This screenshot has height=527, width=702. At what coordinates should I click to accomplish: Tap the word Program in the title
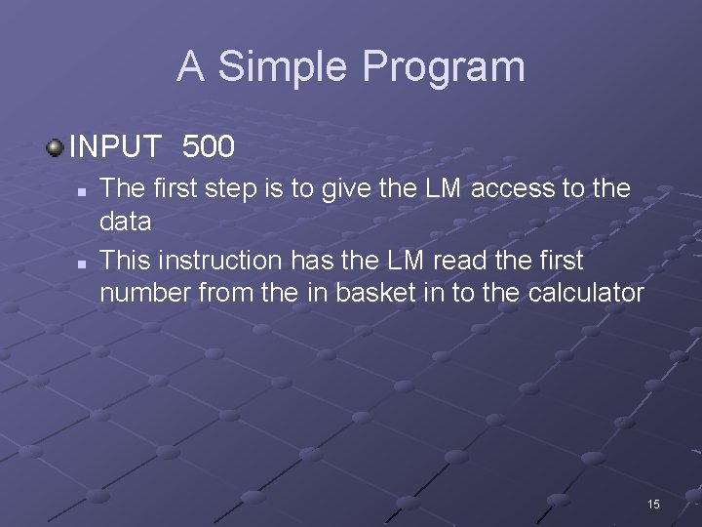444,67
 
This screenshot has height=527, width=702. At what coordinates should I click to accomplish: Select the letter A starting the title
190,67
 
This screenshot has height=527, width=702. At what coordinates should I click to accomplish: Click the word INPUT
116,147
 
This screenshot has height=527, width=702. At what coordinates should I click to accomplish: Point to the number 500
209,147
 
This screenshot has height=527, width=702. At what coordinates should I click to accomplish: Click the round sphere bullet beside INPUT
55,147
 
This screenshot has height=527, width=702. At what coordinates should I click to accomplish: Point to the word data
126,222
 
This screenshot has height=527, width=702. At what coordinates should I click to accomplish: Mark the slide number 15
653,504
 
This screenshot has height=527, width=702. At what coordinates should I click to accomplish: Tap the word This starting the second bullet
126,261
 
